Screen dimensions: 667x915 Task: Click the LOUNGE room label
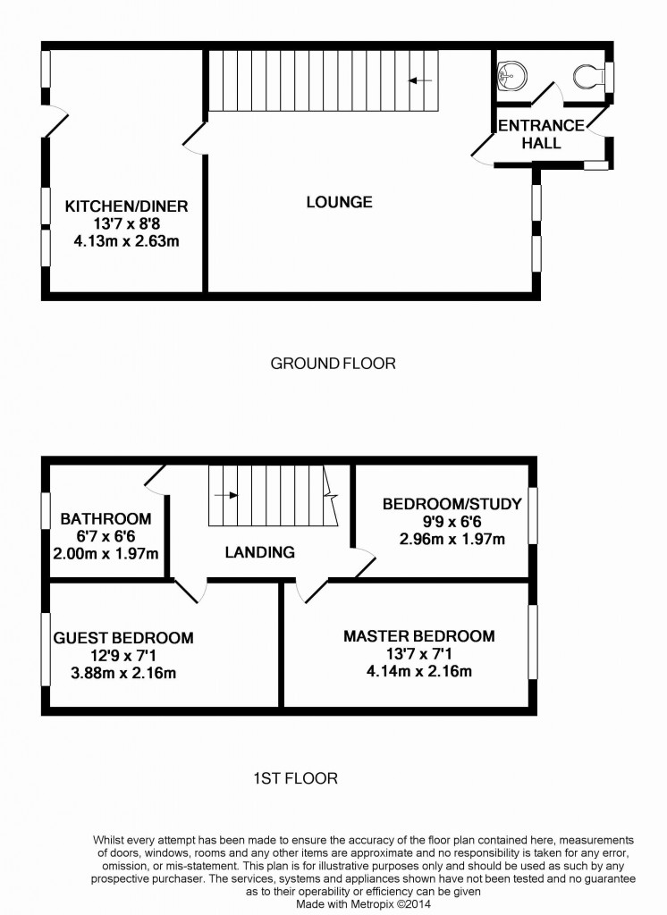click(x=339, y=202)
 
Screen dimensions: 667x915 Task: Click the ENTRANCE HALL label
click(x=541, y=133)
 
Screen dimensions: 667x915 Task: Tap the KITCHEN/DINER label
click(x=126, y=206)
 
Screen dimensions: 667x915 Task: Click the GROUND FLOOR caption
click(x=333, y=364)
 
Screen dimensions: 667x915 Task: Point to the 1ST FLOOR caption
click(x=294, y=778)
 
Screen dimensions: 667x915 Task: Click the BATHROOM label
click(x=106, y=519)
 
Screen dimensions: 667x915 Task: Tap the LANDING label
click(x=259, y=552)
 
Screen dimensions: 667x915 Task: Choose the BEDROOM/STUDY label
click(x=452, y=505)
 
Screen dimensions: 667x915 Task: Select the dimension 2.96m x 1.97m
click(x=452, y=539)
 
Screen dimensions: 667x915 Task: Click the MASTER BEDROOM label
click(x=419, y=636)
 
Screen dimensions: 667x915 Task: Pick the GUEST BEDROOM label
click(x=123, y=638)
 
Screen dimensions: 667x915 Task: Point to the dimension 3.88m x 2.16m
click(x=123, y=672)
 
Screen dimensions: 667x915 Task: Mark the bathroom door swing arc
click(x=156, y=483)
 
